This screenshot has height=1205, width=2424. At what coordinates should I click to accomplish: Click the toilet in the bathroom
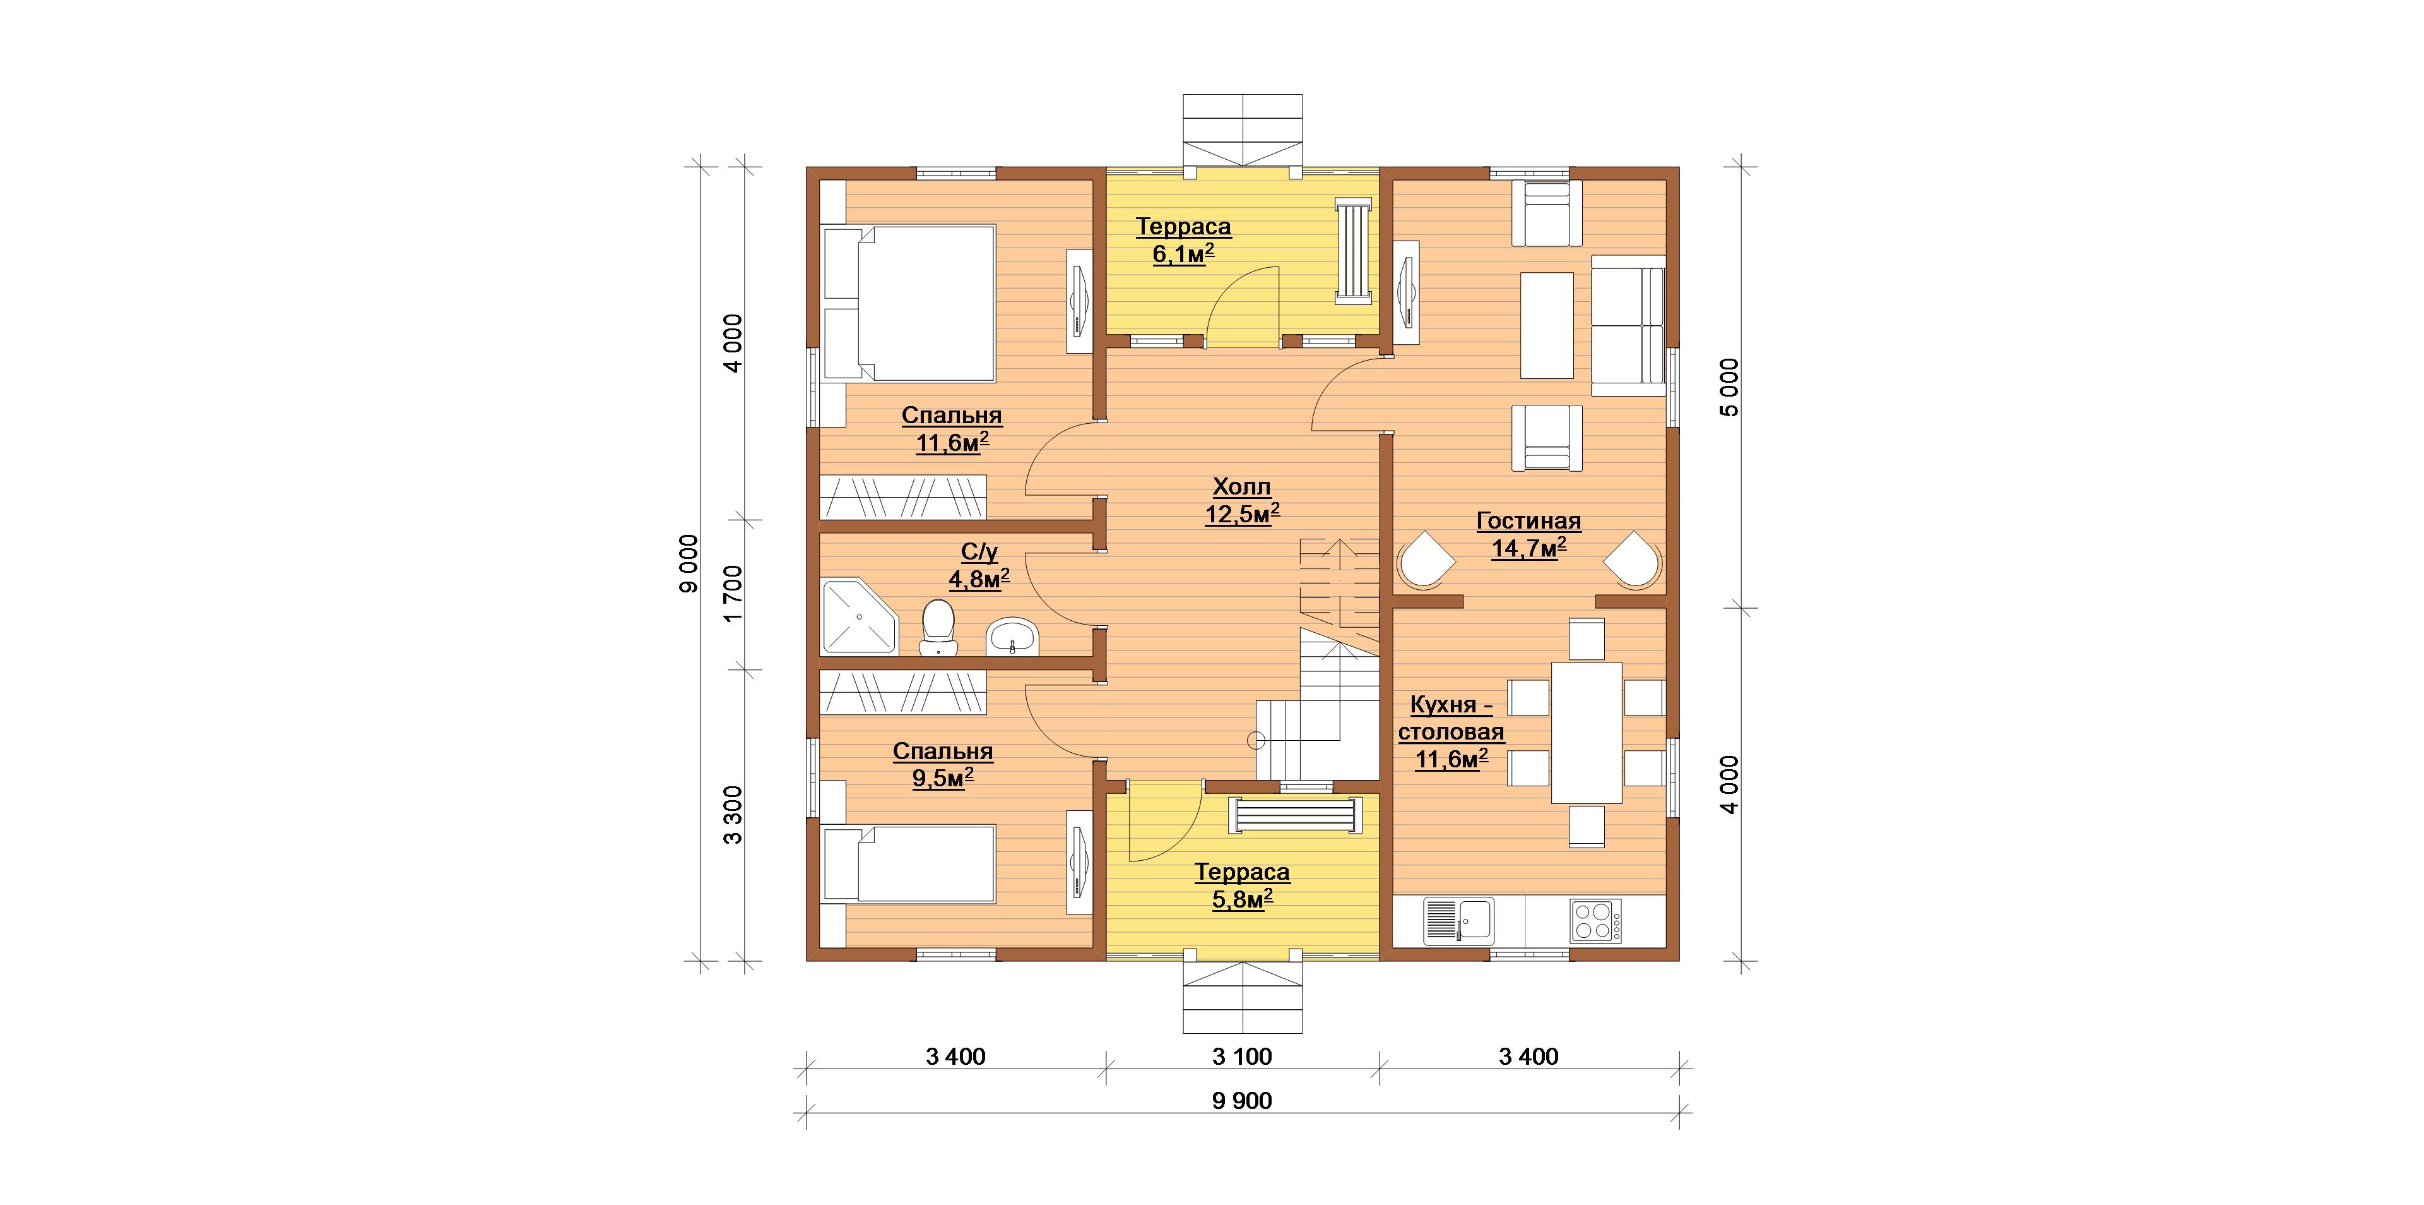click(x=280, y=628)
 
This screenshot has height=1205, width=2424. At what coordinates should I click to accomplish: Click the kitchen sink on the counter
click(x=1458, y=920)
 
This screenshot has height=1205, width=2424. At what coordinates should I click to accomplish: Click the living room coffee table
click(x=1547, y=326)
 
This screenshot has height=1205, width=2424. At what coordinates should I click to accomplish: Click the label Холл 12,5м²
click(x=1242, y=500)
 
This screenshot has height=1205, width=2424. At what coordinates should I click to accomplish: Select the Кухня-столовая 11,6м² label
click(x=1451, y=731)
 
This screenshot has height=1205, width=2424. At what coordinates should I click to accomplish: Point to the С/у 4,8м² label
click(x=979, y=566)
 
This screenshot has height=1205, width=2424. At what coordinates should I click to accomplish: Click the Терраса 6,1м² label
click(x=1183, y=239)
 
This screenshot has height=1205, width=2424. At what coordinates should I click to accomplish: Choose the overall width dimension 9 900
click(x=1242, y=1101)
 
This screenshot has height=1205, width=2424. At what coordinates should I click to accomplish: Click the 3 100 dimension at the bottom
click(x=1242, y=1056)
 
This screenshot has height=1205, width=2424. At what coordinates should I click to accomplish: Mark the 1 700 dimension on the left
click(x=733, y=593)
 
